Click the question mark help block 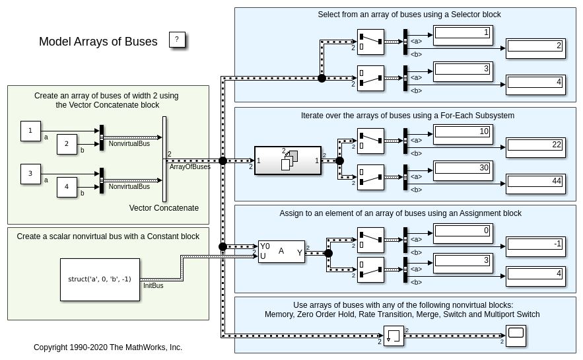tap(176, 40)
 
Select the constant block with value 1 tap(30, 131)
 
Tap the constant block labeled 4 tap(67, 187)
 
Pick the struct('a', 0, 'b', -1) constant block tap(100, 279)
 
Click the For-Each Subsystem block tap(288, 161)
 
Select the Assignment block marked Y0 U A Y tap(281, 252)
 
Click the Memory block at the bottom tap(394, 336)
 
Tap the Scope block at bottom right tap(516, 336)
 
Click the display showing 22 tap(535, 147)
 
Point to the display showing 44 tap(535, 183)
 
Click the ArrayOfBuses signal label tap(190, 167)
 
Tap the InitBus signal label tap(153, 286)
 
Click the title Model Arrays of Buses tap(98, 42)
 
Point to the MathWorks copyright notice tap(108, 347)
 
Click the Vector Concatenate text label tap(164, 208)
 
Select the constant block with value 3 tap(30, 174)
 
